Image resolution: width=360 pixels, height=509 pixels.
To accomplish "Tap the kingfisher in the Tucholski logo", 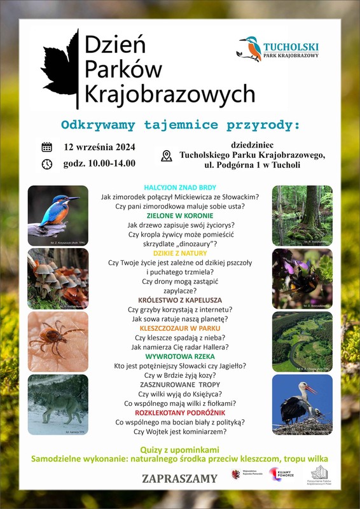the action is [x=249, y=48].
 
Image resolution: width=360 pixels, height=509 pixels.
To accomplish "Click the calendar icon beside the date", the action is [x=46, y=147].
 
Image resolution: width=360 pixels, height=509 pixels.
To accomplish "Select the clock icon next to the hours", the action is [x=46, y=164].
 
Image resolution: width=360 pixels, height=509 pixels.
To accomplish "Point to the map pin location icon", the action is [x=167, y=156].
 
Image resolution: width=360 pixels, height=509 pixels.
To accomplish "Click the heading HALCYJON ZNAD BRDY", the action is [x=180, y=188].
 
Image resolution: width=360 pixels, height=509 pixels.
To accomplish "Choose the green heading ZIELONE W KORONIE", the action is [x=180, y=216].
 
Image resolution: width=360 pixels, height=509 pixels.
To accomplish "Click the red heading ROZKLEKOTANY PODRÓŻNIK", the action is [x=180, y=412].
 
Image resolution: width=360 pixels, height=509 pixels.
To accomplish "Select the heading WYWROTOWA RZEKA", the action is [x=180, y=356].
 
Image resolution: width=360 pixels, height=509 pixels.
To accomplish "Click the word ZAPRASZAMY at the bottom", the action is [x=180, y=478].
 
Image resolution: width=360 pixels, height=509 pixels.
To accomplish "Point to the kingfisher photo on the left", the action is [x=57, y=215].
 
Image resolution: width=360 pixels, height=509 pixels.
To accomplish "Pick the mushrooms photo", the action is [x=57, y=278].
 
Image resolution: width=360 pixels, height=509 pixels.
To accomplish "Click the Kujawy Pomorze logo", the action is [x=280, y=475].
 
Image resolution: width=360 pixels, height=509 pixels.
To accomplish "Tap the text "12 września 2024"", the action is [x=100, y=147].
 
